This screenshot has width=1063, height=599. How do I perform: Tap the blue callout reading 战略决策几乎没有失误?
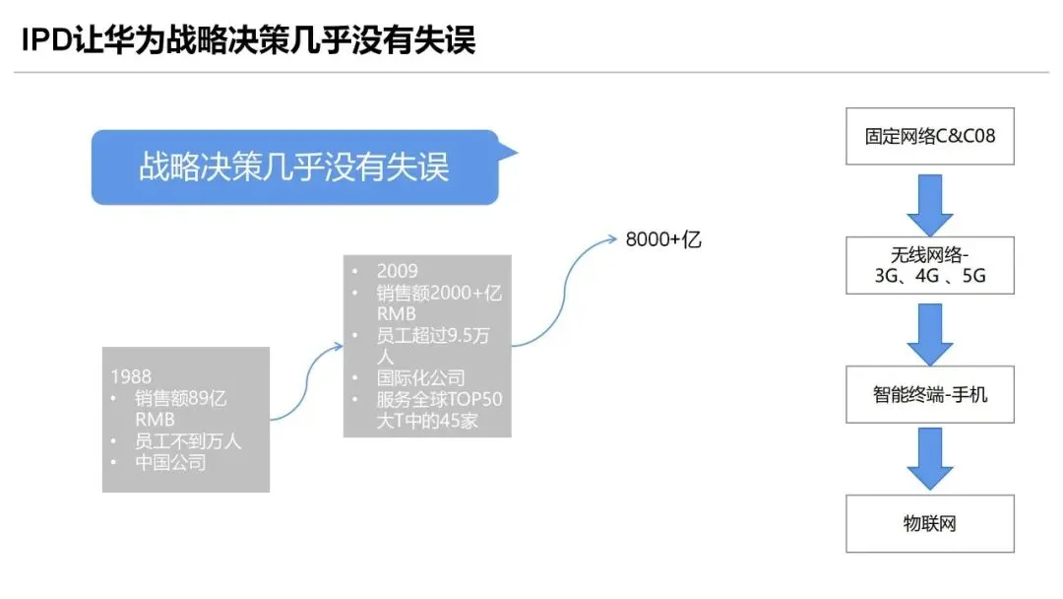pyautogui.click(x=294, y=166)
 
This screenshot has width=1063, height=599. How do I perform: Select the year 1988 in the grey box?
pyautogui.click(x=131, y=376)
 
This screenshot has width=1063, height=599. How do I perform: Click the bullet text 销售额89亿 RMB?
pyautogui.click(x=181, y=409)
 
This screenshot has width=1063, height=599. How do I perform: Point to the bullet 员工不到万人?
pyautogui.click(x=188, y=440)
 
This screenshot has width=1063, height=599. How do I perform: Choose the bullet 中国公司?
pyautogui.click(x=170, y=461)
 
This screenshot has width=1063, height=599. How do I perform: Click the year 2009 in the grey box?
pyautogui.click(x=397, y=271)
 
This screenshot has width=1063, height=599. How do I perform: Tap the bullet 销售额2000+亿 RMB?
pyautogui.click(x=439, y=303)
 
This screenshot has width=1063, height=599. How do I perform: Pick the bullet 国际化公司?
pyautogui.click(x=420, y=378)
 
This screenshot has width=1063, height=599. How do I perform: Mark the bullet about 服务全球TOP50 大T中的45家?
pyautogui.click(x=439, y=412)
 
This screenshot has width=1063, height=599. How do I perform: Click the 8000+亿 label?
pyautogui.click(x=663, y=239)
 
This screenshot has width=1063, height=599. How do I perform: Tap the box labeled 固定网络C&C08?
pyautogui.click(x=930, y=136)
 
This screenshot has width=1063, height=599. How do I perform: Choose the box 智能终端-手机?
pyautogui.click(x=930, y=395)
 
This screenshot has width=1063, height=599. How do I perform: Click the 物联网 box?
pyautogui.click(x=930, y=523)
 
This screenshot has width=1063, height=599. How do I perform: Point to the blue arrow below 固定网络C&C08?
pyautogui.click(x=930, y=201)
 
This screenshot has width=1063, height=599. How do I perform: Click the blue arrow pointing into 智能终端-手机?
pyautogui.click(x=930, y=331)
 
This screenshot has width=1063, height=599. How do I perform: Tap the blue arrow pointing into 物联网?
pyautogui.click(x=930, y=459)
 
